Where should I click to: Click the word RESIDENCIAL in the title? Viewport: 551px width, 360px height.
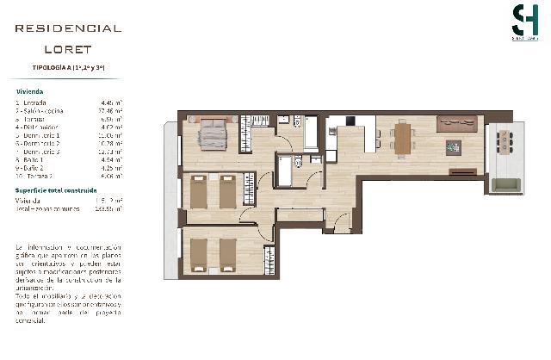pos(68,28)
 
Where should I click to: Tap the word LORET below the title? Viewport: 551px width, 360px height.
pos(68,49)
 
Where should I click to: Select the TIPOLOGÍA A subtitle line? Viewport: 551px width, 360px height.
pos(68,67)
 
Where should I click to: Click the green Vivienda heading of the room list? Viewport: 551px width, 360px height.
pos(29,90)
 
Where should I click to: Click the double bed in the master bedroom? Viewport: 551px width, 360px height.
pos(212,133)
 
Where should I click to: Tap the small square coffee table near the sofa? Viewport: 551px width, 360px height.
pos(453,147)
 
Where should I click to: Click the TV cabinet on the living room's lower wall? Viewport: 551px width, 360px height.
pos(462,171)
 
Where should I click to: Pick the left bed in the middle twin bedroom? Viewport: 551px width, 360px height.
pos(199,191)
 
